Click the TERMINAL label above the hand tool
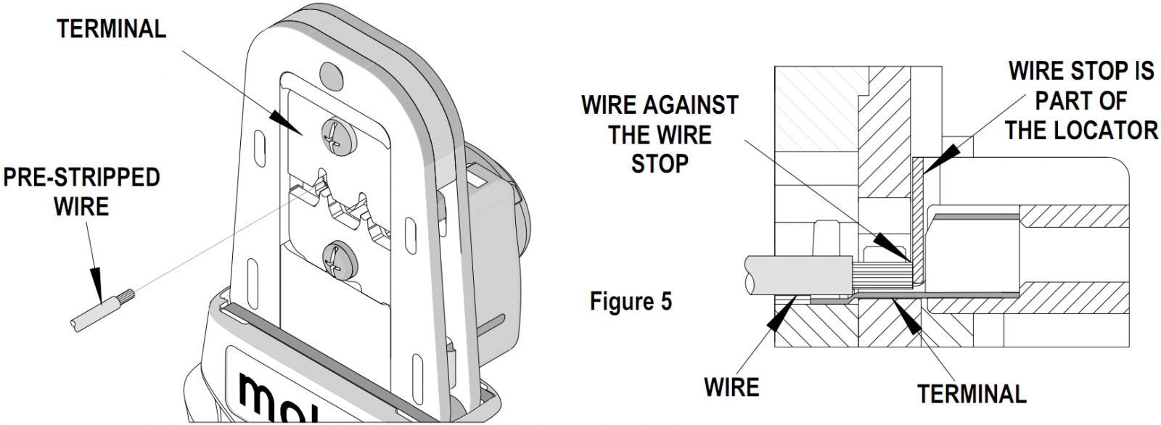pyautogui.click(x=112, y=29)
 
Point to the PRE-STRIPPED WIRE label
pyautogui.click(x=81, y=191)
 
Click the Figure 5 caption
pyautogui.click(x=631, y=301)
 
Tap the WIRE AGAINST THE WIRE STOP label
pyautogui.click(x=659, y=134)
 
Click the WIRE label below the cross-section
pyautogui.click(x=731, y=387)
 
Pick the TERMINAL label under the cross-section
pyautogui.click(x=972, y=393)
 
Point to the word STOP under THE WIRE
pyautogui.click(x=659, y=163)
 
